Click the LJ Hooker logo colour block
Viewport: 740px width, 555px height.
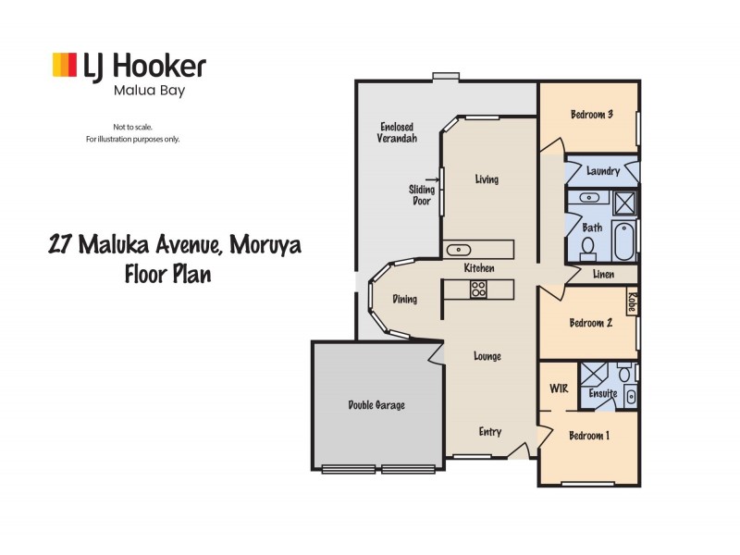click(x=64, y=65)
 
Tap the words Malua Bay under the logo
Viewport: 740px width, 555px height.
click(x=139, y=91)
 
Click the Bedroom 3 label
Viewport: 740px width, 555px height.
click(x=592, y=115)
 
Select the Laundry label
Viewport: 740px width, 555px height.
click(x=602, y=171)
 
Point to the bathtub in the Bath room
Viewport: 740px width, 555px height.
click(x=625, y=240)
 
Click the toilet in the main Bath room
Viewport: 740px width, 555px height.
click(x=587, y=247)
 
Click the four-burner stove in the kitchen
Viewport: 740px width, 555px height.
click(x=479, y=289)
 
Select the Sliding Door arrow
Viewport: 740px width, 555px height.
click(x=432, y=180)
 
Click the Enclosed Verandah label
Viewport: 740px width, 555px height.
click(x=398, y=132)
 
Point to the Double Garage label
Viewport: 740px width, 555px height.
click(x=376, y=405)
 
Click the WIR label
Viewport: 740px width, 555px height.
click(x=558, y=388)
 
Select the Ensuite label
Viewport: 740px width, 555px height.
click(x=603, y=394)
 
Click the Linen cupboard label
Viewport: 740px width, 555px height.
click(x=605, y=274)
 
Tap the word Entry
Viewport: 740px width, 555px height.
click(x=489, y=432)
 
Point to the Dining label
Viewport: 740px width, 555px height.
click(x=404, y=299)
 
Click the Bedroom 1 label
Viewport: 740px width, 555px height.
click(x=589, y=437)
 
